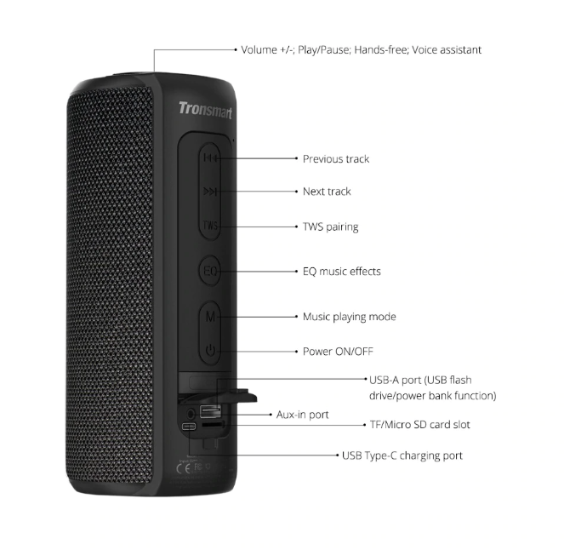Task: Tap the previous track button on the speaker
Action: pyautogui.click(x=210, y=158)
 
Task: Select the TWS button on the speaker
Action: pyautogui.click(x=210, y=226)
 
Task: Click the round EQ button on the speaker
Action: pyautogui.click(x=210, y=272)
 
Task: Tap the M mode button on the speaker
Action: pyautogui.click(x=210, y=316)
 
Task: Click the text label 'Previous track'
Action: pyautogui.click(x=336, y=159)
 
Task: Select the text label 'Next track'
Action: pyautogui.click(x=327, y=192)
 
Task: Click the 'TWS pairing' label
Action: pyautogui.click(x=330, y=227)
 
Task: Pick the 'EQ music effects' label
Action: pyautogui.click(x=341, y=272)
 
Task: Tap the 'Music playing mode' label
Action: pyautogui.click(x=349, y=317)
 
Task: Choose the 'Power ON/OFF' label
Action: pyautogui.click(x=338, y=352)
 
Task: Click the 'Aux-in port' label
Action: pyautogui.click(x=302, y=415)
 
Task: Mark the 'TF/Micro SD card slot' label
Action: pyautogui.click(x=419, y=425)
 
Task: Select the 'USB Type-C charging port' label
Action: pyautogui.click(x=402, y=455)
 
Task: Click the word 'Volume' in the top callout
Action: pyautogui.click(x=259, y=50)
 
